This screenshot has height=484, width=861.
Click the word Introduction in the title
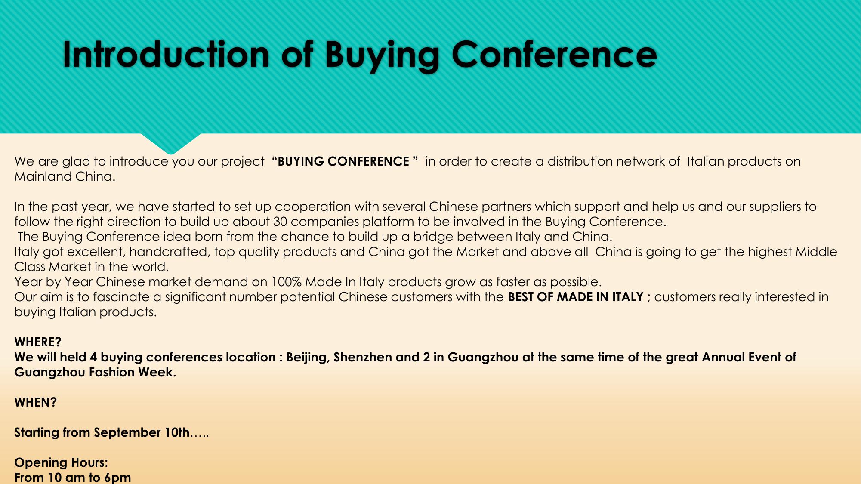[x=166, y=54]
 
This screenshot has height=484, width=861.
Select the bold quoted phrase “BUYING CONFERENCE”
[x=345, y=161]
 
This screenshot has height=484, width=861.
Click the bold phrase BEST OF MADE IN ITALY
[x=575, y=297]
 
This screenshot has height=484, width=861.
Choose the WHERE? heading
[x=38, y=342]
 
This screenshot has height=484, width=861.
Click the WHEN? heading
[x=35, y=402]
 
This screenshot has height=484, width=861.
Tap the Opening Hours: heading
[x=61, y=463]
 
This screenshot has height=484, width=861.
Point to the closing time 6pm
[x=117, y=478]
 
